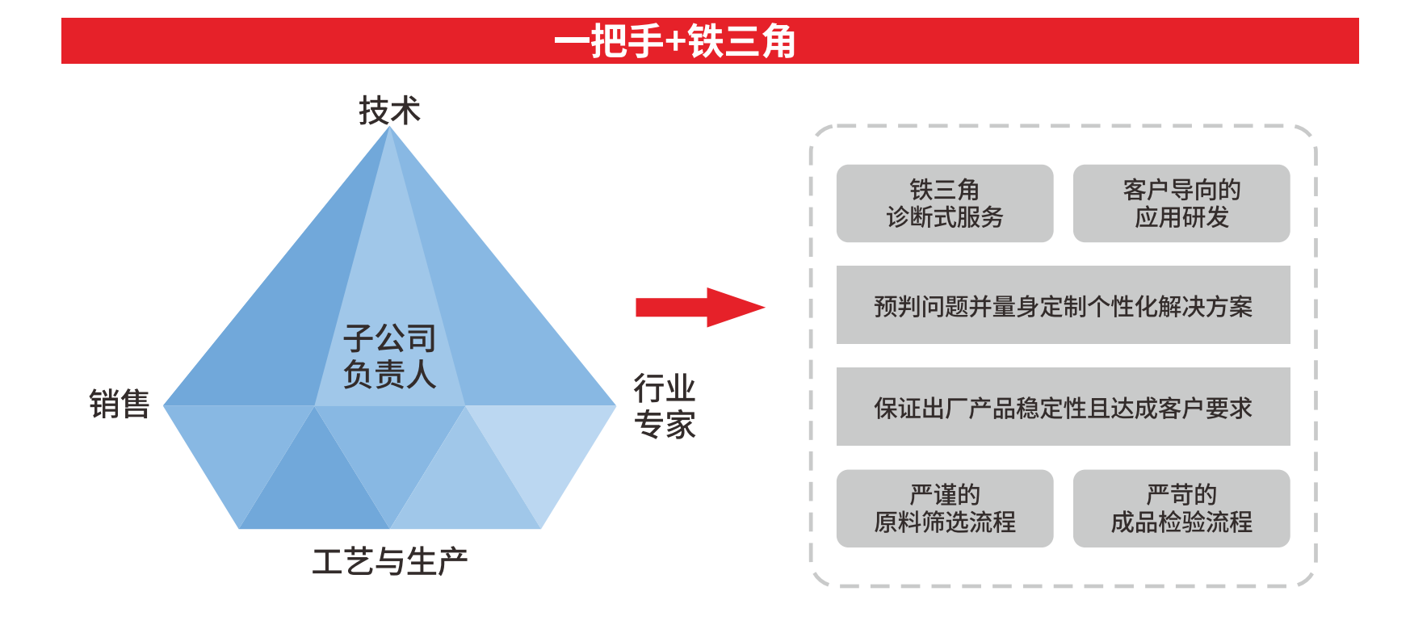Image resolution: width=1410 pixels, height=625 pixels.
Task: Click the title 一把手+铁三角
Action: point(675,41)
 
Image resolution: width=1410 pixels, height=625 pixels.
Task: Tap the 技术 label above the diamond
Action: point(389,111)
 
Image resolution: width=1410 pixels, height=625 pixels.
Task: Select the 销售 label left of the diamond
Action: point(120,404)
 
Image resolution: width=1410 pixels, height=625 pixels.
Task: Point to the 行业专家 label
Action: point(664,406)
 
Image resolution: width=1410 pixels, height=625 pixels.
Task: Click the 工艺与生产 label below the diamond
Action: point(389,561)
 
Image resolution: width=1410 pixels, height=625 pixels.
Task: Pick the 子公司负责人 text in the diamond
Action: point(389,356)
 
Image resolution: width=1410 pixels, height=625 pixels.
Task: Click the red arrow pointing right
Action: point(699,307)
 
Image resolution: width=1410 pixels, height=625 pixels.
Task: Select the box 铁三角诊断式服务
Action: point(944,203)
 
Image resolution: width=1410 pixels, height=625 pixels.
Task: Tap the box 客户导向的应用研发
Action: point(1181,203)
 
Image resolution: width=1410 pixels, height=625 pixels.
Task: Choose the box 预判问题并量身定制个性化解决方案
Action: point(1063,306)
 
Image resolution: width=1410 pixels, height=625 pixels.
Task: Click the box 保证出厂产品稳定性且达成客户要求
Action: point(1063,407)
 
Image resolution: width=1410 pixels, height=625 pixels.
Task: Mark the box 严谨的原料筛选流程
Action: point(944,508)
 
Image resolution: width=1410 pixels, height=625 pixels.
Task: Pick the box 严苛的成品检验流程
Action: point(1181,508)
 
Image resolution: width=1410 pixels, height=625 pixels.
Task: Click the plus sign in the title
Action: point(675,42)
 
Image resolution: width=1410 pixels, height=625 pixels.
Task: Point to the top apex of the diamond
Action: point(389,128)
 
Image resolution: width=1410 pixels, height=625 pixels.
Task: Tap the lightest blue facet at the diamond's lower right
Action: point(549,452)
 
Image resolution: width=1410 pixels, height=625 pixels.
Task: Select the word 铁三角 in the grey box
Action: point(944,190)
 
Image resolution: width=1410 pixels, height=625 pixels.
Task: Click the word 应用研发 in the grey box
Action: point(1181,217)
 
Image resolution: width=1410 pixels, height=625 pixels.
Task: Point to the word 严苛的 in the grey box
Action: point(1181,494)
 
